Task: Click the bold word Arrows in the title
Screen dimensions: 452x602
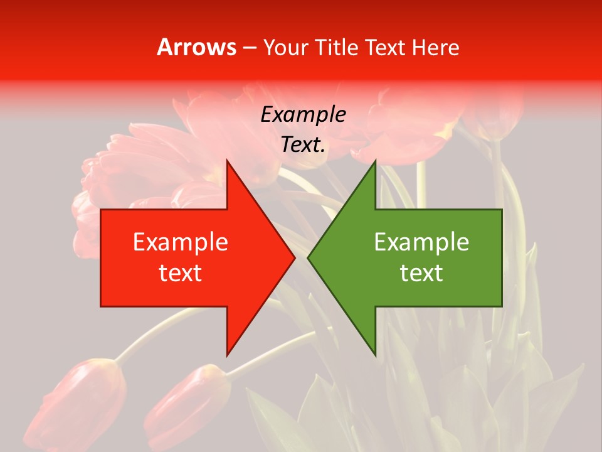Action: (x=197, y=48)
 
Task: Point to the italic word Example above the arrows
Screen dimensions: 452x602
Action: (x=303, y=115)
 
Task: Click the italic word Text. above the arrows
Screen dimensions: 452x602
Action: (x=303, y=145)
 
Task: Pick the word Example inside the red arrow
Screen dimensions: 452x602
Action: (x=180, y=242)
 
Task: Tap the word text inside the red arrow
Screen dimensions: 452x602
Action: (x=180, y=273)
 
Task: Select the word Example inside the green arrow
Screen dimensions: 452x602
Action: (x=421, y=242)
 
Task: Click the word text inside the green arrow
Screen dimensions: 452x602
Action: (x=421, y=273)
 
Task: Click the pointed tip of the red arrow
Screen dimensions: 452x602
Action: (x=294, y=257)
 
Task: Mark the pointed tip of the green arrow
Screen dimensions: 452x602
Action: (x=309, y=257)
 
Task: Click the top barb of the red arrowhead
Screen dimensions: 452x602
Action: (x=227, y=162)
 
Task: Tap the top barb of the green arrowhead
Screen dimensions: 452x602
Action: (x=375, y=162)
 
